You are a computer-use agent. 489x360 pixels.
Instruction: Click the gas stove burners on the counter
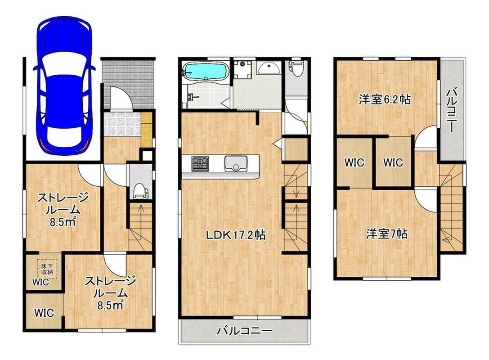[200, 163]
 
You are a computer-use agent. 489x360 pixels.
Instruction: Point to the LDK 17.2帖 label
[236, 235]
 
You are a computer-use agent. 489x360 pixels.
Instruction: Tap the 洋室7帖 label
[387, 234]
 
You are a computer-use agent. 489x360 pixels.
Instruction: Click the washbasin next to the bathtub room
[269, 67]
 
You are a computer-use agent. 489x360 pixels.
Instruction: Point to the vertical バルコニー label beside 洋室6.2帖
[451, 111]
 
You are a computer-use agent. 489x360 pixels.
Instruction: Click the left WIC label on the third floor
[354, 162]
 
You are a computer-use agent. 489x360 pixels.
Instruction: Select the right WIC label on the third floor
[393, 162]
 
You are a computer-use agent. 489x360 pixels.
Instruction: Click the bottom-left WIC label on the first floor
[44, 313]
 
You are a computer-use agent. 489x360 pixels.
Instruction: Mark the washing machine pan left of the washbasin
[243, 69]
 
